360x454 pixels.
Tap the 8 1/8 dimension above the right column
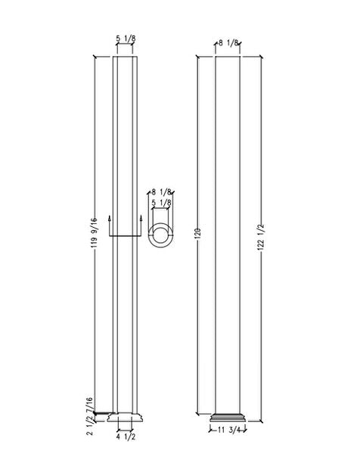coord(228,44)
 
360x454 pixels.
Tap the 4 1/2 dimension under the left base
coord(126,437)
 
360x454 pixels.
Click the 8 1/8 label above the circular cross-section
coord(160,193)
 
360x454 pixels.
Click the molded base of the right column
coord(228,418)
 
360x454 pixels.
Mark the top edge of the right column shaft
coord(228,58)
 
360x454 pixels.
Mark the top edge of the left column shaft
coord(126,58)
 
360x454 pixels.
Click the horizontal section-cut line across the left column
coord(126,236)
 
